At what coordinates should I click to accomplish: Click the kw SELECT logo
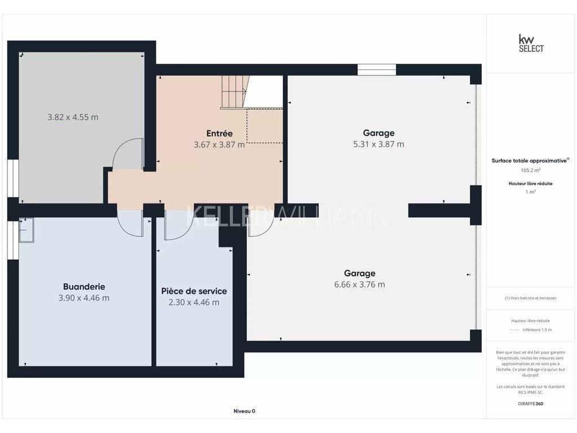point(531,43)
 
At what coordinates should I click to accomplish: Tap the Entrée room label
point(219,133)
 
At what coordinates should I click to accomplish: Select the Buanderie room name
point(84,286)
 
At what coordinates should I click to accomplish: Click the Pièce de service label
point(194,291)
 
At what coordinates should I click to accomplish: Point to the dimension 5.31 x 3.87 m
point(379,144)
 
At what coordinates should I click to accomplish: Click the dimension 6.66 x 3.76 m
point(359,285)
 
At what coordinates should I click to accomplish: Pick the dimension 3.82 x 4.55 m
point(73,117)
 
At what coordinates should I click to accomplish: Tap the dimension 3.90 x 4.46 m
point(84,298)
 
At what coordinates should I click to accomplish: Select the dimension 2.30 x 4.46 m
point(194,302)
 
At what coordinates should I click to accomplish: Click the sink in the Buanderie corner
point(26,230)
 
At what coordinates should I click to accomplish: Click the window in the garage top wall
point(377,69)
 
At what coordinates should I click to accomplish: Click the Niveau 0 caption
point(245,411)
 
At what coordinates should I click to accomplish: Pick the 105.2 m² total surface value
point(531,170)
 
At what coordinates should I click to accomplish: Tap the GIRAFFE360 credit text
point(531,404)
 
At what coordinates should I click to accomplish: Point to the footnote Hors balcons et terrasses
point(531,298)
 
